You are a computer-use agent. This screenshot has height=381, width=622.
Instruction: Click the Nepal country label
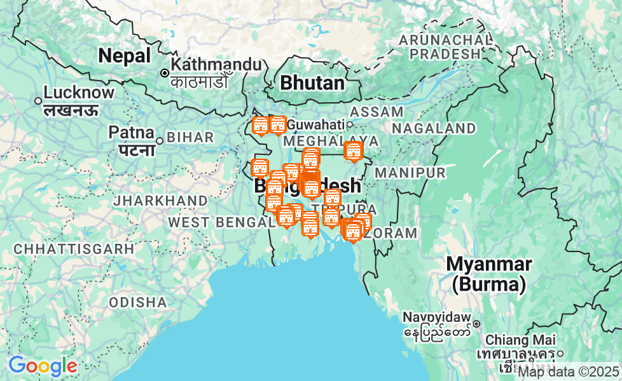pos(125,56)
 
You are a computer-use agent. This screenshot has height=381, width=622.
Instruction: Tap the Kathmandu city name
pos(216,64)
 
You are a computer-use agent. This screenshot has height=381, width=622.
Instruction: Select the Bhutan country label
pos(312,83)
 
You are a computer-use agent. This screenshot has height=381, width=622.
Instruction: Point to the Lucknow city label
pos(79,93)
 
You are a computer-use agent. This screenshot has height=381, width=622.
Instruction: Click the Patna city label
pos(132,133)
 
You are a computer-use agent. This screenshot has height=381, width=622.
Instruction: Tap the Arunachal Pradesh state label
pos(445,47)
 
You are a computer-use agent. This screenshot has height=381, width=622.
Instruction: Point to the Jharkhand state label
pos(160,201)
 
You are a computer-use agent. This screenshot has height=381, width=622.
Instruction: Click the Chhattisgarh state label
pos(74,249)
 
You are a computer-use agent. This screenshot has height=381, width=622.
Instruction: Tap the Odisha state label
pos(137,302)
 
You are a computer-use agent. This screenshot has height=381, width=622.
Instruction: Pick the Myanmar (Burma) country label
pos(488,274)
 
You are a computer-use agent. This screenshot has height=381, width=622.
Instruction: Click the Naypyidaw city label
pos(437,317)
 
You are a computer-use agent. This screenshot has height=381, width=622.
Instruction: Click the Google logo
pos(42,366)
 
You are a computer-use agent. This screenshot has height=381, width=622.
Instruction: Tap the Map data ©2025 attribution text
pos(569,371)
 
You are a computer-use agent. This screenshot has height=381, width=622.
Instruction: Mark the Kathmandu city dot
pos(165,73)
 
